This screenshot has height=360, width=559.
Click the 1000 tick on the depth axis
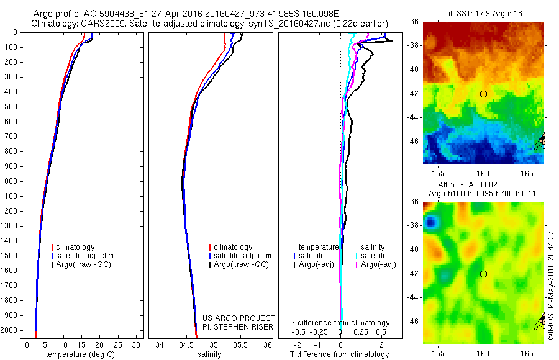[x=12, y=181]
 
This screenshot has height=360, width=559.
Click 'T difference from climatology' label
[x=340, y=354]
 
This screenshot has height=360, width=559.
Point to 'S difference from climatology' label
[x=340, y=323]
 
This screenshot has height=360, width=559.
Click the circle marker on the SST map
[x=483, y=94]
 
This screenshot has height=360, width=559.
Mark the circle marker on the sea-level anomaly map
[x=483, y=274]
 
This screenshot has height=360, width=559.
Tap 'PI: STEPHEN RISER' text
[x=238, y=326]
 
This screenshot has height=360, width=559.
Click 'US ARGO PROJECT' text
[x=238, y=318]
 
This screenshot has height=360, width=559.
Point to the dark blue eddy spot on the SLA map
[x=432, y=222]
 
